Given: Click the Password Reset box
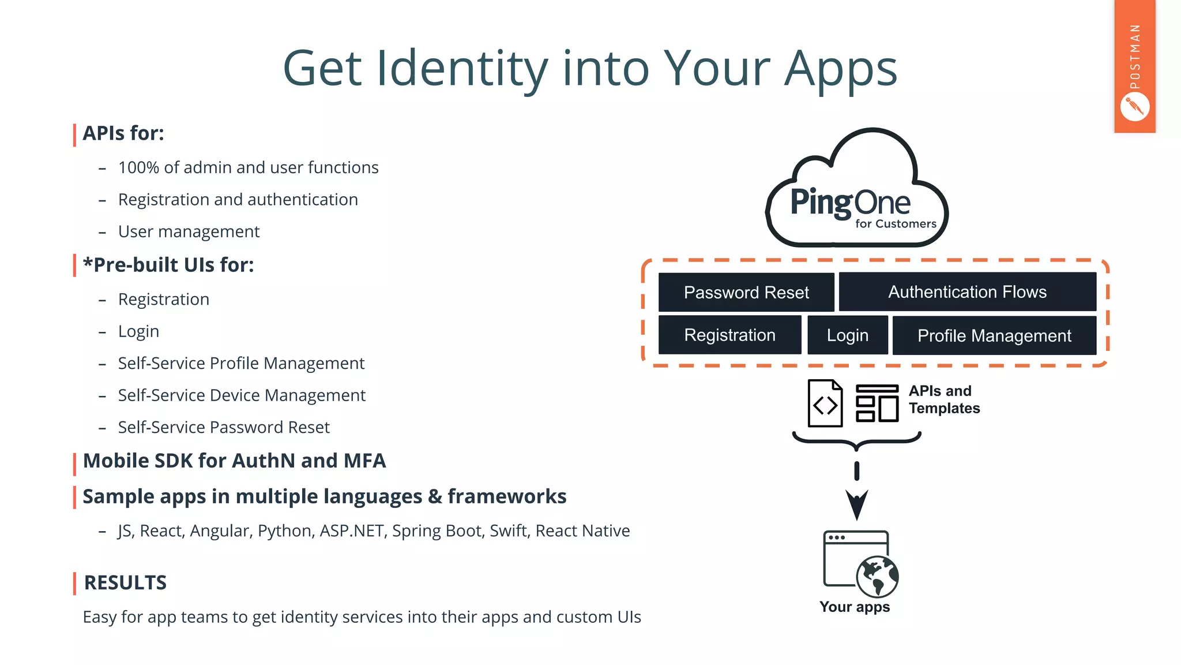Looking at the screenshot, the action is click(746, 292).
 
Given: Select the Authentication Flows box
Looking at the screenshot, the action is click(967, 292).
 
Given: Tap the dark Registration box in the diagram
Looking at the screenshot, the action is click(729, 335).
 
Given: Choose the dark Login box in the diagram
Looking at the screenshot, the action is click(847, 335).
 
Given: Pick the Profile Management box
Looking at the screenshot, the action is click(994, 335).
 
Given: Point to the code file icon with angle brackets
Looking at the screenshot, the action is click(825, 404).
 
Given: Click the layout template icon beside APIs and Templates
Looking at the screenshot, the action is click(877, 404).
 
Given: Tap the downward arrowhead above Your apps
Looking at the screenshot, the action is click(857, 504).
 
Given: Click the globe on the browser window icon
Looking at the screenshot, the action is click(877, 576).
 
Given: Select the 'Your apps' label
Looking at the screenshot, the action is click(855, 607).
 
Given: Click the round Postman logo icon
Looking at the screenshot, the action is click(1134, 107).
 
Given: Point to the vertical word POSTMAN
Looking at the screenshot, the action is click(1135, 57).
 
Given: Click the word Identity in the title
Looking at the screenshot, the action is click(462, 69).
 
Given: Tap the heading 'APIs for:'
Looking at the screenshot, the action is click(123, 133).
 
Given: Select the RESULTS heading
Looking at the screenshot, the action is click(125, 582).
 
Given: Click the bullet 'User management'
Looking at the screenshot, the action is click(189, 231).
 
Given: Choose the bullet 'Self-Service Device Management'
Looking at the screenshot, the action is click(242, 395).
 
